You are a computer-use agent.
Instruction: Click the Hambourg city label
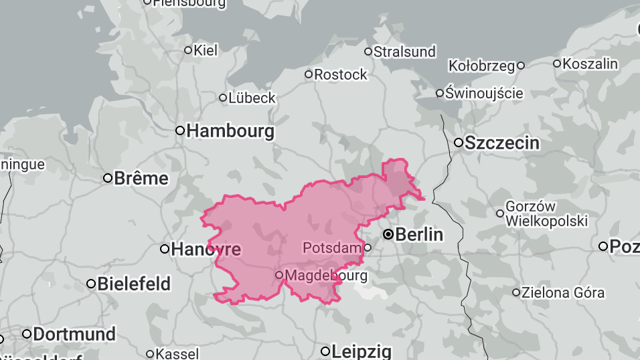pos(230,131)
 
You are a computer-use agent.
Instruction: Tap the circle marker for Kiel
pos(188,50)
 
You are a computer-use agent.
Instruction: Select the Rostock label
pos(341,74)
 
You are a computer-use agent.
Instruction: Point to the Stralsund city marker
pos(368,52)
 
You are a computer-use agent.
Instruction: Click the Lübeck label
pos(252,98)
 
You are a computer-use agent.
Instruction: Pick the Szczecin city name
pos(502,143)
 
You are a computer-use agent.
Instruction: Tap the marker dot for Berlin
pos(388,235)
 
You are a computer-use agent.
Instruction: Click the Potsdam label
pos(332,248)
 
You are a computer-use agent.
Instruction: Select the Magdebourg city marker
pos(280,275)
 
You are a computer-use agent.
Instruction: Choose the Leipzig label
pos(361,351)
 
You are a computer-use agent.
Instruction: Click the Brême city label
pos(141,179)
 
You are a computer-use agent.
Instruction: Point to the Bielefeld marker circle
pos(91,284)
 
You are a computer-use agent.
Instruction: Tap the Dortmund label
pos(74,334)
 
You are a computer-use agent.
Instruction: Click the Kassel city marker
pos(150,354)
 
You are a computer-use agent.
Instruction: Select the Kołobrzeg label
pos(482,66)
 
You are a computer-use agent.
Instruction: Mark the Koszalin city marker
pos(556,64)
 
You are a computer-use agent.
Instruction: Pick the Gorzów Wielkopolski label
pos(546,213)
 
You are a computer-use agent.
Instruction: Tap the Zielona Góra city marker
pos(516,292)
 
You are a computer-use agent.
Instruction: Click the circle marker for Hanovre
pos(165,249)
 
